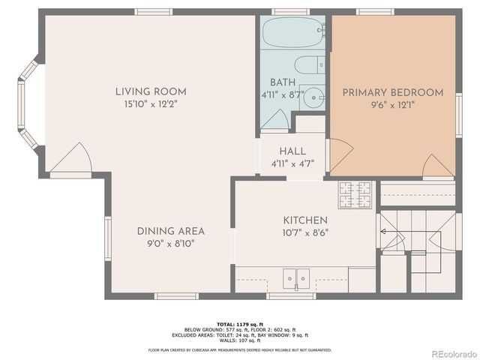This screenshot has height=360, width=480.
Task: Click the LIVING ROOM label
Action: point(151,91)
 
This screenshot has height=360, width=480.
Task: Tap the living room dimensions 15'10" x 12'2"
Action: point(151,104)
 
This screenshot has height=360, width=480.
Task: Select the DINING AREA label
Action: point(170,231)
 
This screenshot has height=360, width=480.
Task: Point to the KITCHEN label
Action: point(304,220)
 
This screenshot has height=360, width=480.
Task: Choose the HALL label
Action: point(292,150)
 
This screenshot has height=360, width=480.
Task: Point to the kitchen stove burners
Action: point(355,195)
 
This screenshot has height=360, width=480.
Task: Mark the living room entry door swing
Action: point(71,159)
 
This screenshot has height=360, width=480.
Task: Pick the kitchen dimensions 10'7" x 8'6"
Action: point(304,232)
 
